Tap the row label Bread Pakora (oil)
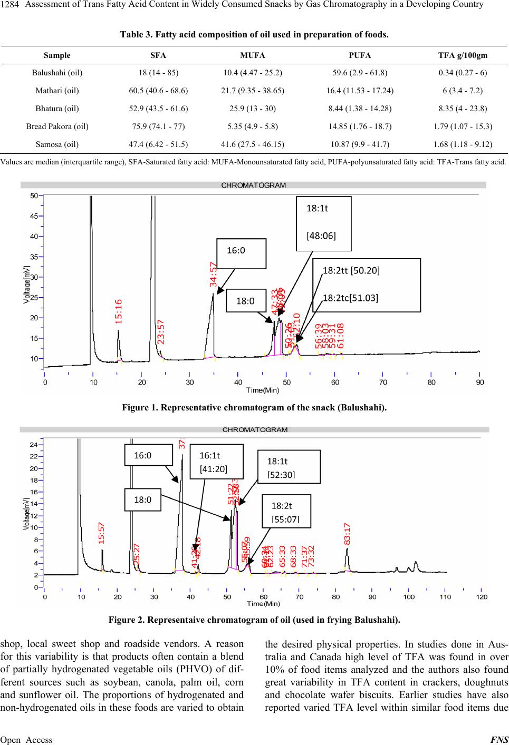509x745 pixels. [x=57, y=126]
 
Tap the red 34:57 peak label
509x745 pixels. [x=213, y=274]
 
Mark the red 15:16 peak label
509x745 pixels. [x=119, y=311]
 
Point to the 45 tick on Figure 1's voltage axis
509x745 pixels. [x=34, y=216]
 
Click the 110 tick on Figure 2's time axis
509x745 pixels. [x=445, y=597]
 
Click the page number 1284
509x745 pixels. [x=10, y=5]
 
